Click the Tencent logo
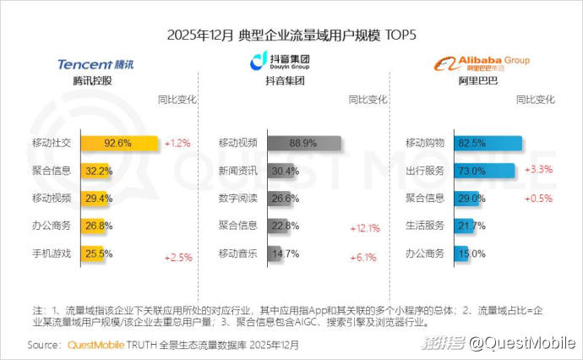(95, 64)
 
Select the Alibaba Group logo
(482, 63)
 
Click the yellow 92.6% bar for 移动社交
(119, 143)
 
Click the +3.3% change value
(538, 170)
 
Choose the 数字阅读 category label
(237, 199)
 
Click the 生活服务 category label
(426, 226)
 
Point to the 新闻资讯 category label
(237, 171)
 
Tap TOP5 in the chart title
(400, 35)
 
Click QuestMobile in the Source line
(95, 346)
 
